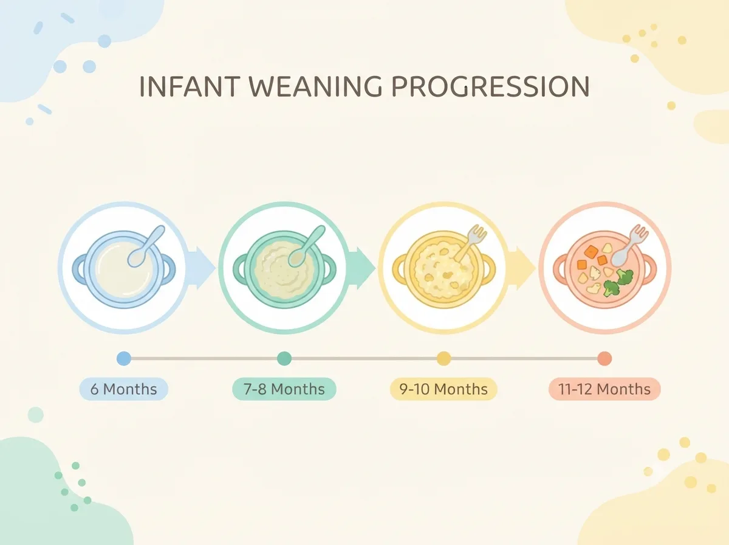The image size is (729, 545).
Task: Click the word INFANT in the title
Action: (190, 86)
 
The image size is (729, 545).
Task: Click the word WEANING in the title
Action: (315, 86)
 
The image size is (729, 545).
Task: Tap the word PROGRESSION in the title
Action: (490, 86)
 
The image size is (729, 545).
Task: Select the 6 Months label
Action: (123, 389)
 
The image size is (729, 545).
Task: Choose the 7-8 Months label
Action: (284, 389)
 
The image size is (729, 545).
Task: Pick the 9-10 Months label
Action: (443, 389)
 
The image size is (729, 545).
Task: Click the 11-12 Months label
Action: (604, 389)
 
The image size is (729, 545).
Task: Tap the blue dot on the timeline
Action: (124, 358)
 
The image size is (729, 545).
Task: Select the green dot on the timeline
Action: (284, 358)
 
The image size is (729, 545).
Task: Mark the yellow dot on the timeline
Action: (443, 358)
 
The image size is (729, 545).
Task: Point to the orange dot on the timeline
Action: (604, 358)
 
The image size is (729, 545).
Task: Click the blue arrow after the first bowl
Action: (200, 268)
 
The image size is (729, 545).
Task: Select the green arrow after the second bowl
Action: (361, 268)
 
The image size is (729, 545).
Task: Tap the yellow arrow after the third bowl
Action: (521, 268)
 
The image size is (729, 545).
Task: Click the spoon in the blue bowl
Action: (146, 246)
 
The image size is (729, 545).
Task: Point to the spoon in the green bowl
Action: (307, 246)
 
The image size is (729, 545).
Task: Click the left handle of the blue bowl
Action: (80, 268)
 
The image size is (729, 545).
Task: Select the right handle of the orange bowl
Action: (649, 268)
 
